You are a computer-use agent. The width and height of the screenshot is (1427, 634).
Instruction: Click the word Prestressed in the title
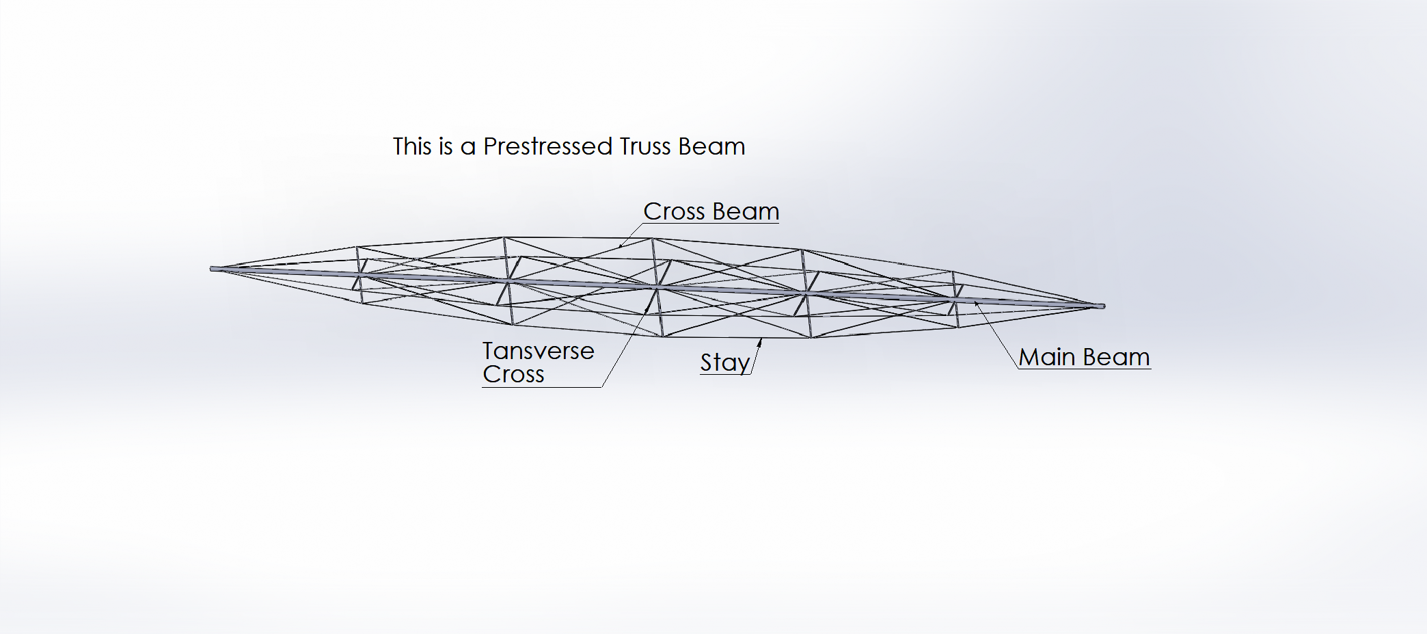548,146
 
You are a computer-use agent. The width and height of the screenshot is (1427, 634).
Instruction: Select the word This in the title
413,146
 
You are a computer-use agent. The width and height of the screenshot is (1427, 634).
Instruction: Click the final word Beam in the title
711,146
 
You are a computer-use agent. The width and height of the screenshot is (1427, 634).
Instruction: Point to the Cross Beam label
711,211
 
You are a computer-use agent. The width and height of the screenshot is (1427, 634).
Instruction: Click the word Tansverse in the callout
539,351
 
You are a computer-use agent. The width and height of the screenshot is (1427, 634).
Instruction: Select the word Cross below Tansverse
513,375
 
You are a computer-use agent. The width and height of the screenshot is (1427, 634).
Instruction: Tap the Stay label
725,362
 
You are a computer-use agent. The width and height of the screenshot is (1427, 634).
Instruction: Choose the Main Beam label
1085,357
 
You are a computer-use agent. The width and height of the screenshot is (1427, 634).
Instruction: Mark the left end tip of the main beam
210,269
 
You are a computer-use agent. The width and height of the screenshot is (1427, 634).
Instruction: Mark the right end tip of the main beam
1104,306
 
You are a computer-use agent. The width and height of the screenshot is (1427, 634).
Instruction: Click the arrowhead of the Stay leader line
759,341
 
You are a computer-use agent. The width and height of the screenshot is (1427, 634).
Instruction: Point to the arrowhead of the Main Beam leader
977,304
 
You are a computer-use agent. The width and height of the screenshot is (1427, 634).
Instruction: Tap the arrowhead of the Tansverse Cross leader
647,308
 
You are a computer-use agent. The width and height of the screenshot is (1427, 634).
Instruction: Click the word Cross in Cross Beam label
674,211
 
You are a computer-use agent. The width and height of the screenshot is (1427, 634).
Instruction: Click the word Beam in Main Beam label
1117,357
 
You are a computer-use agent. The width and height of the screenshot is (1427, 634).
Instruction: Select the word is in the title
446,146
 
